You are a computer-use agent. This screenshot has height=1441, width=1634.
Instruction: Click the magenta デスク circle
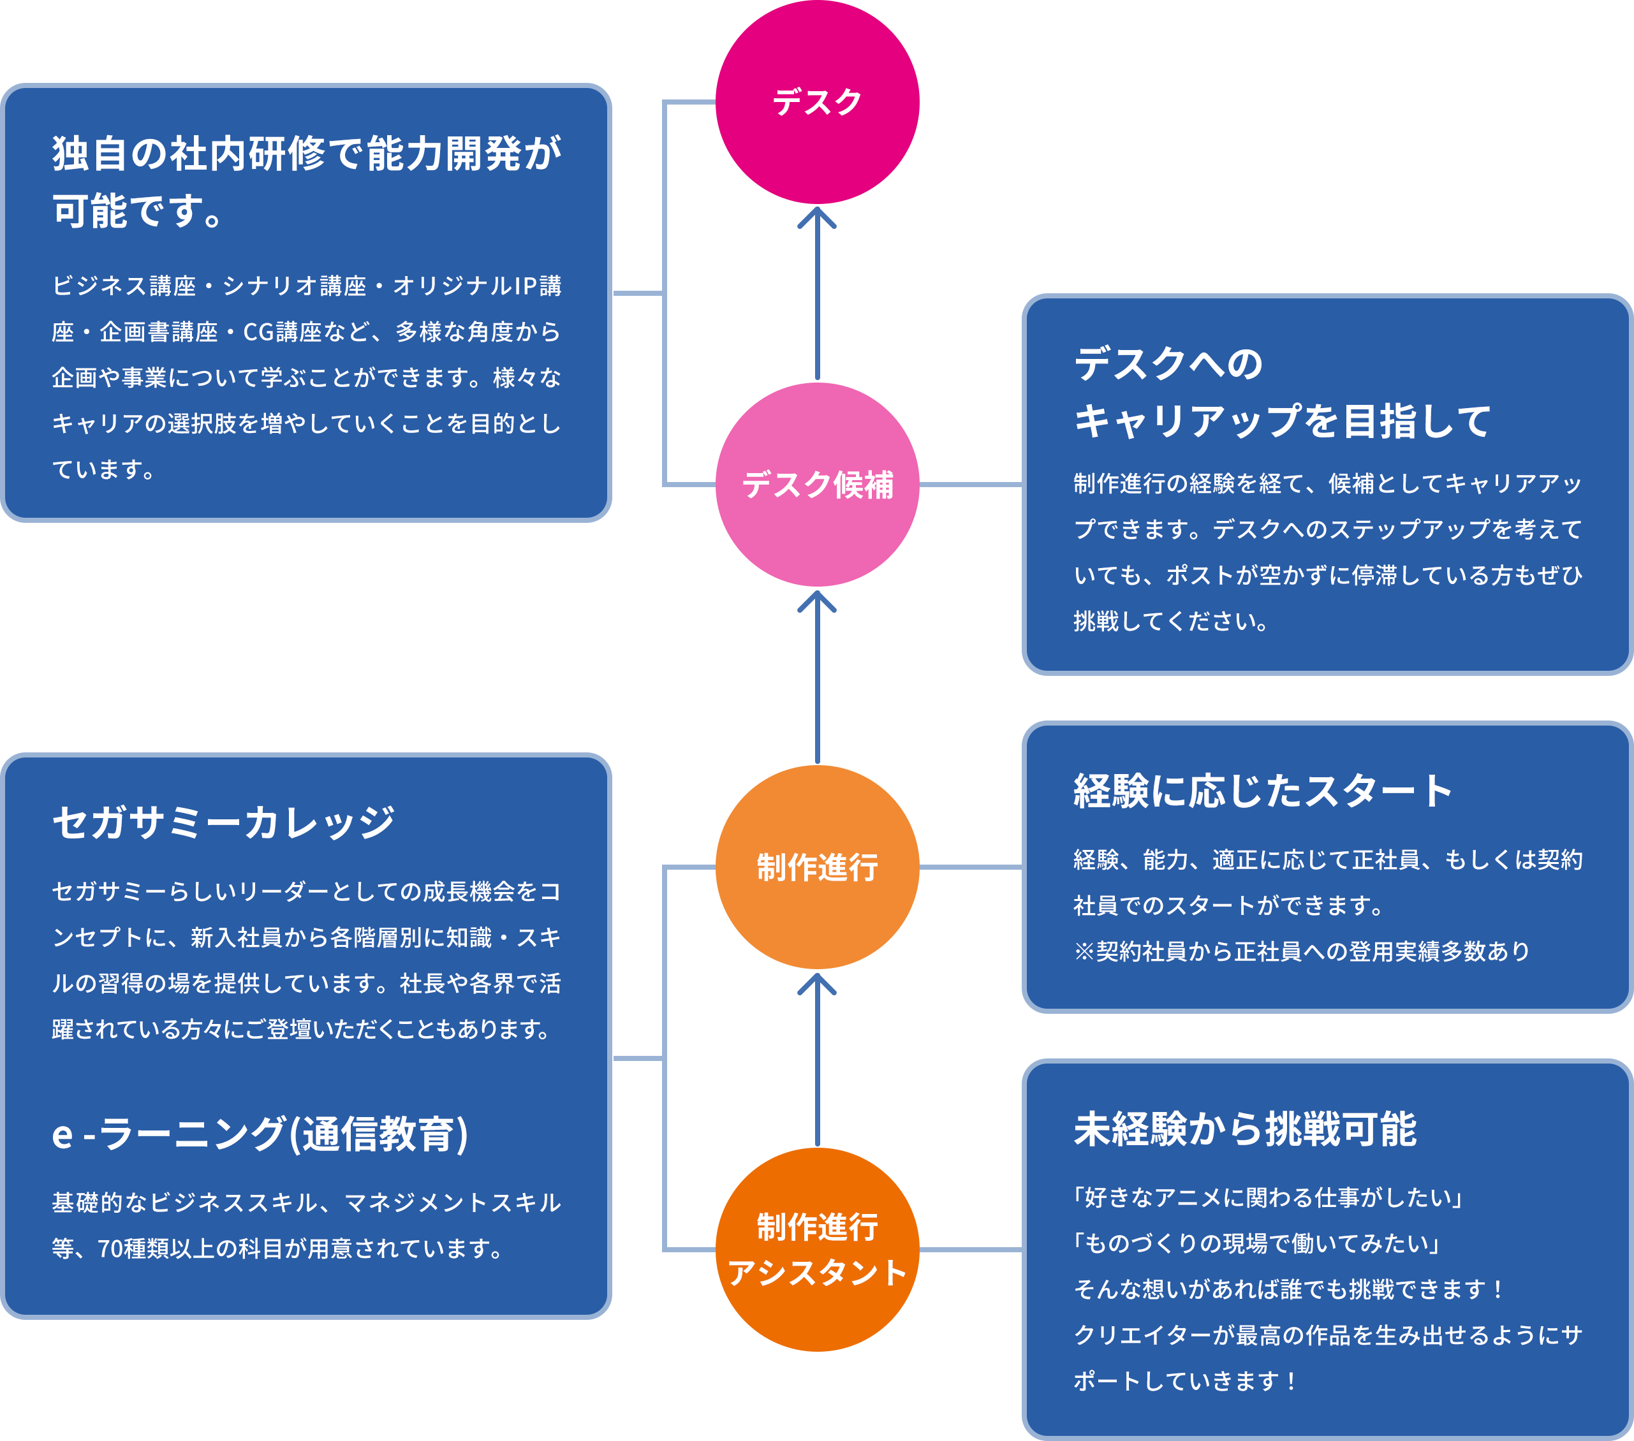pos(817,102)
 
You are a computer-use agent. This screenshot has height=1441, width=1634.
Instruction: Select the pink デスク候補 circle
pos(817,485)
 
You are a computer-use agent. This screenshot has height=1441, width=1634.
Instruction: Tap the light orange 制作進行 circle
pos(817,867)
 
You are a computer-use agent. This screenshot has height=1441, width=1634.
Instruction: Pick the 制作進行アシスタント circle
pos(817,1249)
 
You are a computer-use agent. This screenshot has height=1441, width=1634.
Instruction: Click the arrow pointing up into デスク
pos(817,292)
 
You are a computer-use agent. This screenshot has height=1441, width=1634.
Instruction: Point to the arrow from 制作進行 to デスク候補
pos(817,675)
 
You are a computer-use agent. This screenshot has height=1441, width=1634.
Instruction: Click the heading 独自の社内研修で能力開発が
pos(307,154)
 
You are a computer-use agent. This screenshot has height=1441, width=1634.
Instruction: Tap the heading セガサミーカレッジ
pos(224,823)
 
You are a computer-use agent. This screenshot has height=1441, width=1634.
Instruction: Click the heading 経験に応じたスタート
pos(1263,791)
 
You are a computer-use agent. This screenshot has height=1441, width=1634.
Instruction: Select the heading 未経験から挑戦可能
pos(1245,1129)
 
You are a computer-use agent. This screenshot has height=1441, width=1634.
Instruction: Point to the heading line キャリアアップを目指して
pos(1282,421)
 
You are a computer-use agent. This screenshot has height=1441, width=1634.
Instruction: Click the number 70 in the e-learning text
pos(110,1248)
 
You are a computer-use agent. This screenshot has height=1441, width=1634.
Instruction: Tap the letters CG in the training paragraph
pos(258,332)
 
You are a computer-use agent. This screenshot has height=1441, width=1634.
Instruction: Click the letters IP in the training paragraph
pos(526,286)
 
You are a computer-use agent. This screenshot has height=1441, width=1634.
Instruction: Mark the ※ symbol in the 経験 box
pos(1084,952)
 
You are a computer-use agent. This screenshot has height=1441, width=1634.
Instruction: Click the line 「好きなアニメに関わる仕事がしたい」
pos(1268,1197)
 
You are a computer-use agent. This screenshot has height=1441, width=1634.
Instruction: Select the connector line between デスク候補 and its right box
pos(971,485)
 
